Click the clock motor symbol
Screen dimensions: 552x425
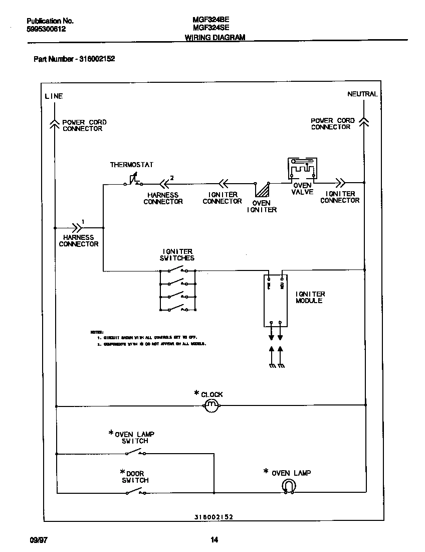[211, 405]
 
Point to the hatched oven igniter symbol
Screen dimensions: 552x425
[262, 190]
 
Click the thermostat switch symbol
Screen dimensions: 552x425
[133, 180]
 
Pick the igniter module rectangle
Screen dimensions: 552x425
[275, 300]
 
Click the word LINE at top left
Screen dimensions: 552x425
[54, 96]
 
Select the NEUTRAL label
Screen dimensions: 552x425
[362, 94]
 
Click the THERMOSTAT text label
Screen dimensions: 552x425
[131, 165]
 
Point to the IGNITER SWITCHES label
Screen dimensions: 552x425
[177, 254]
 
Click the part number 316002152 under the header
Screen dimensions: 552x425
[97, 59]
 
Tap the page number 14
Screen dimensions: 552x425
[214, 540]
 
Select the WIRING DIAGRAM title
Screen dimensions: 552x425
[215, 37]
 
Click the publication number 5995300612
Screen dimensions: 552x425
[46, 29]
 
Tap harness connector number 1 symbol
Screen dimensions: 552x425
[77, 227]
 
